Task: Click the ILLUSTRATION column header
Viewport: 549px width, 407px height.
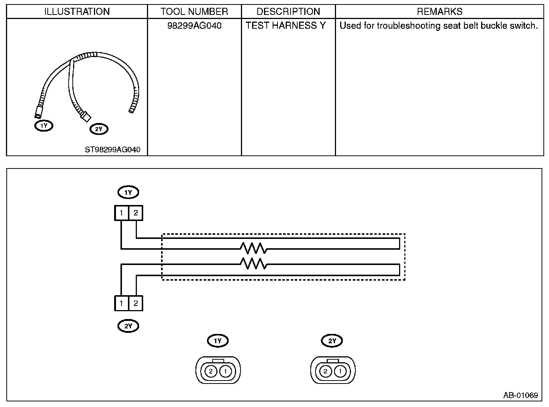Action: click(x=77, y=12)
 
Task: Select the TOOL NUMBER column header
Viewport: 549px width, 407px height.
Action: click(x=194, y=12)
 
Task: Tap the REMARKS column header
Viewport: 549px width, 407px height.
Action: click(x=440, y=12)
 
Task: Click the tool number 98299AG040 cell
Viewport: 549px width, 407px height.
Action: click(x=194, y=25)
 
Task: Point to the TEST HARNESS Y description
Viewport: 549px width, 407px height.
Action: click(x=285, y=25)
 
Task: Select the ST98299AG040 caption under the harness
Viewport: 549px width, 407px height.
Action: click(x=113, y=149)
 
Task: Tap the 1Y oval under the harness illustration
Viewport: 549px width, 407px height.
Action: click(x=44, y=126)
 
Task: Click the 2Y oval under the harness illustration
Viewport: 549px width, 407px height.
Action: click(x=99, y=129)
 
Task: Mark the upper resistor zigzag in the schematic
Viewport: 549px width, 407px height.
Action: click(x=254, y=248)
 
